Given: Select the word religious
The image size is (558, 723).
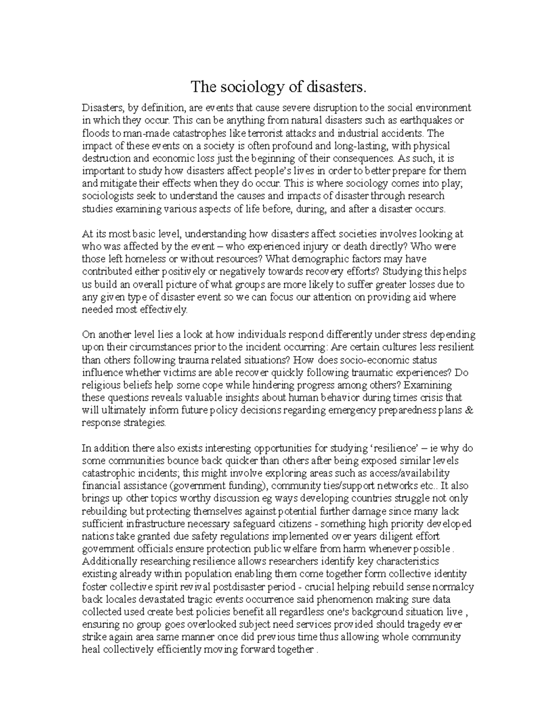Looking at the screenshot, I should pyautogui.click(x=100, y=385).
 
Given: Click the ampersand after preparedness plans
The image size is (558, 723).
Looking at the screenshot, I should pyautogui.click(x=469, y=410).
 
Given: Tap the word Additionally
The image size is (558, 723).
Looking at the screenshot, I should pyautogui.click(x=107, y=561).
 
